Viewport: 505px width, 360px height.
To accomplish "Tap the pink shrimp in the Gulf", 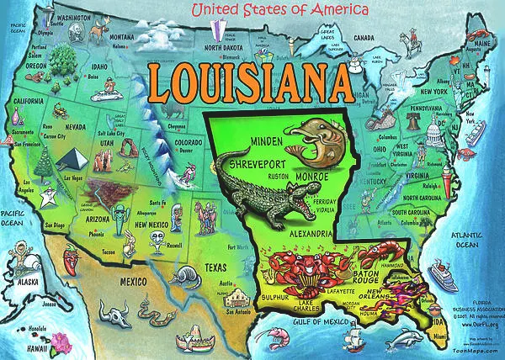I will point(275,339).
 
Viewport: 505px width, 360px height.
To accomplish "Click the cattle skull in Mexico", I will point(113,314).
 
